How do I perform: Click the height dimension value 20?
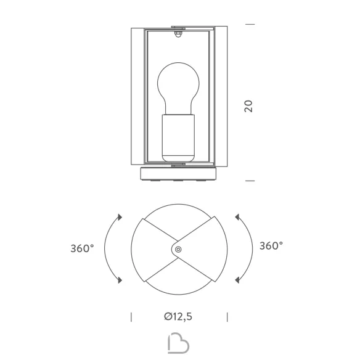248,106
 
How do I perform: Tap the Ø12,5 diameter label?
178,316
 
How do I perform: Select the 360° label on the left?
82,248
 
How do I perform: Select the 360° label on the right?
271,246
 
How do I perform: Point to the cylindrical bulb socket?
178,137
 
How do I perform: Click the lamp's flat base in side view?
178,174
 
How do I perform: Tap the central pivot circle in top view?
178,249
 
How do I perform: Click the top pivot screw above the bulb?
178,35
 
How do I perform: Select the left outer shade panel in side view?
137,96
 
